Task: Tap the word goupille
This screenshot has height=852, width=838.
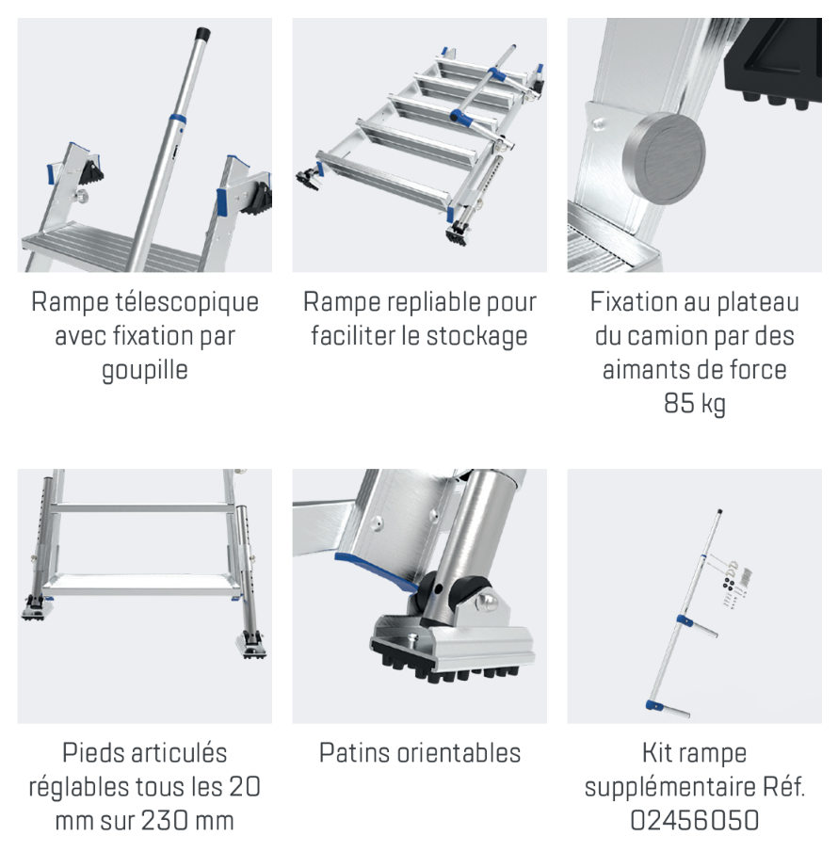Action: [x=145, y=370]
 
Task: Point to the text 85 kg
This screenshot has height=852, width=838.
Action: [x=694, y=403]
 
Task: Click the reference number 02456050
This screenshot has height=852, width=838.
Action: [x=694, y=820]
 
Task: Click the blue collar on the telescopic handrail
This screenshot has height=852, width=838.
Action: [x=176, y=119]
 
